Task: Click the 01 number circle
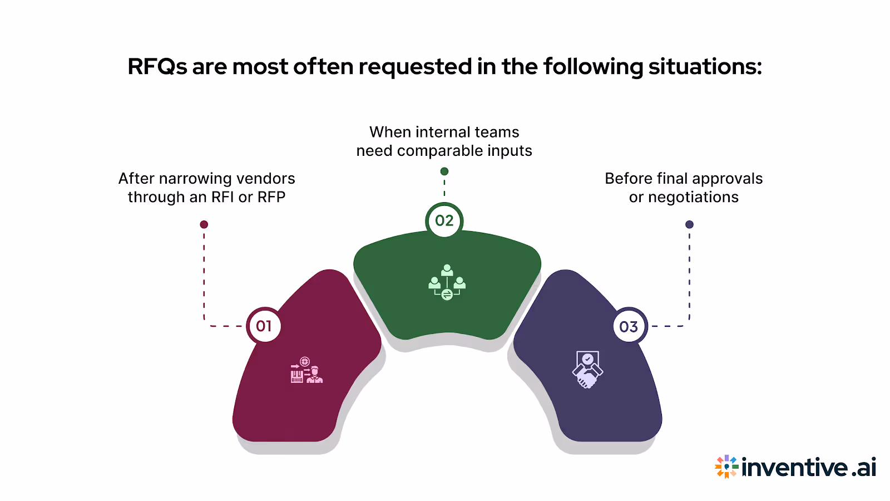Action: click(264, 326)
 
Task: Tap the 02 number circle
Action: click(444, 220)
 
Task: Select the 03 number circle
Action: click(629, 326)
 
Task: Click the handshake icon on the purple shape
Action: click(587, 370)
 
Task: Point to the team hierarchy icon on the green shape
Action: click(447, 282)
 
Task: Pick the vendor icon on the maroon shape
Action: click(306, 370)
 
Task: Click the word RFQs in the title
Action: click(157, 67)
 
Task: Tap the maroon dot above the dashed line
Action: click(204, 224)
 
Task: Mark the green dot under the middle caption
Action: click(444, 171)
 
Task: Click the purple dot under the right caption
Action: click(689, 224)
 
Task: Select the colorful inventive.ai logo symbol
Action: click(726, 466)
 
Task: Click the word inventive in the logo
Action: click(795, 467)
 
